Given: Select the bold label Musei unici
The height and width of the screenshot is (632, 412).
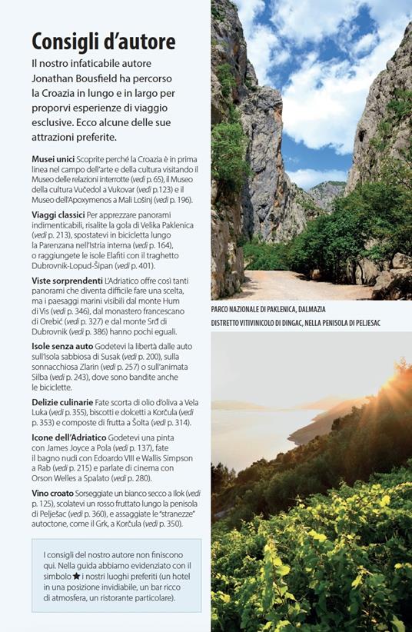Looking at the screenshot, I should point(53,158).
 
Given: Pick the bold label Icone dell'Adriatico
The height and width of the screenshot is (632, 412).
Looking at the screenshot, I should point(70,436).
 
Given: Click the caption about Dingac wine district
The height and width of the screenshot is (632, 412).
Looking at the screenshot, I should point(295,323).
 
